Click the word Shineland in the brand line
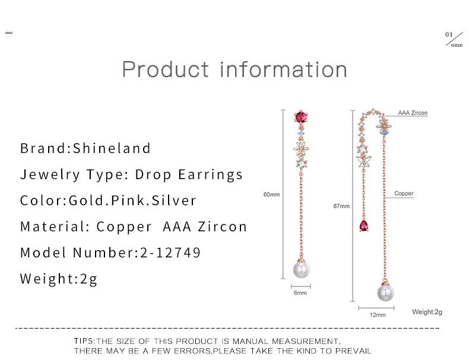click(x=112, y=148)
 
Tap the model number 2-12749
click(x=170, y=253)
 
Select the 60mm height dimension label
click(x=271, y=195)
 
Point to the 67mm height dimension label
click(x=341, y=206)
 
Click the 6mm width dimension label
click(x=300, y=293)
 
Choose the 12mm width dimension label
click(x=378, y=315)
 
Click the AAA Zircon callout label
click(x=413, y=113)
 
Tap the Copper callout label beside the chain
click(x=404, y=193)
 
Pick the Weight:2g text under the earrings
click(x=427, y=312)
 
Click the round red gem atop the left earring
click(x=301, y=117)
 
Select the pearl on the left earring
click(x=302, y=269)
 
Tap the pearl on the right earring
click(x=385, y=292)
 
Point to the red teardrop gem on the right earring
click(x=364, y=226)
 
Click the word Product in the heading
click(x=166, y=69)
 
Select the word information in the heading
click(x=284, y=69)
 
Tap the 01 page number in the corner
click(x=449, y=34)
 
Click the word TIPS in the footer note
click(x=84, y=341)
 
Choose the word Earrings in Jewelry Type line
click(x=210, y=175)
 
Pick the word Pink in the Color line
click(x=128, y=200)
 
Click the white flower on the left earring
click(x=301, y=148)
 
